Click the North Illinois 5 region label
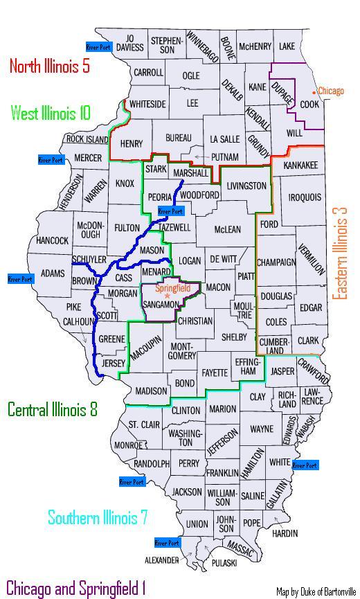pos(49,66)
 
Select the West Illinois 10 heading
pos(51,113)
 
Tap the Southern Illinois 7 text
pos(97,517)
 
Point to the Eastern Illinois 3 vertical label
pos(340,252)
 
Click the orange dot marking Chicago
pos(314,91)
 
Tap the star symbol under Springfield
pos(167,296)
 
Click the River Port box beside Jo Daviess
pos(98,47)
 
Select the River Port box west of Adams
pos(20,279)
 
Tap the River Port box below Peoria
pos(170,211)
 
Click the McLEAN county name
pos(228,229)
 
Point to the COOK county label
pos(309,105)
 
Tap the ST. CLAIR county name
pos(144,424)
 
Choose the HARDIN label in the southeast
pos(285,533)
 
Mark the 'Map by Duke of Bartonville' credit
pos(314,591)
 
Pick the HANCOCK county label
pos(53,241)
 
